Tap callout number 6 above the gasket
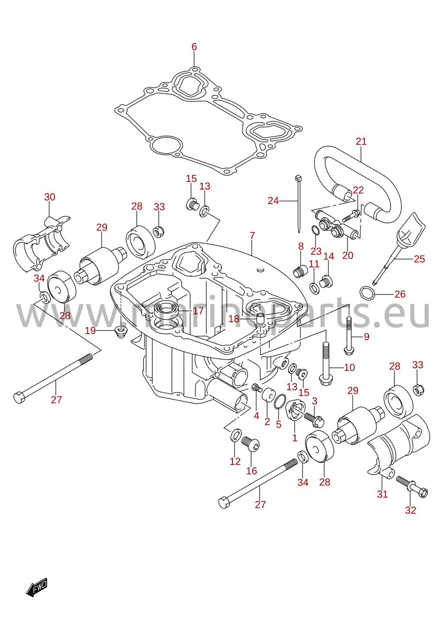194,47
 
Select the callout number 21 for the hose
361,141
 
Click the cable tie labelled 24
299,204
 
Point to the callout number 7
252,236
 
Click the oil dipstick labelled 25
398,248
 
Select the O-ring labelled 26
367,294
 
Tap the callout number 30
50,197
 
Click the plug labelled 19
121,332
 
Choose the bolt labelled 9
349,335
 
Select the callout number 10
350,367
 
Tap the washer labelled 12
235,435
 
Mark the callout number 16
251,471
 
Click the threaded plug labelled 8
300,272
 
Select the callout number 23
316,251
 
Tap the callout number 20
347,255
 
